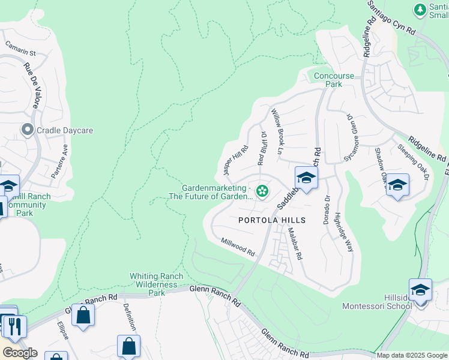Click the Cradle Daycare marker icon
(27, 130)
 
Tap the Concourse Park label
(334, 80)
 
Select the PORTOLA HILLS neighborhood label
(272, 220)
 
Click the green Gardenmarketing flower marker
(262, 191)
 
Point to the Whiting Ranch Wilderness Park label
(157, 284)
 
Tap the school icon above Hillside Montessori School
(420, 290)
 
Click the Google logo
(20, 352)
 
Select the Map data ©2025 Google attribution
(411, 355)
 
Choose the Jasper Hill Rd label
(235, 160)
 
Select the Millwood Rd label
(238, 247)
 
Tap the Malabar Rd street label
(294, 244)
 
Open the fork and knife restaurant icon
(13, 326)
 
